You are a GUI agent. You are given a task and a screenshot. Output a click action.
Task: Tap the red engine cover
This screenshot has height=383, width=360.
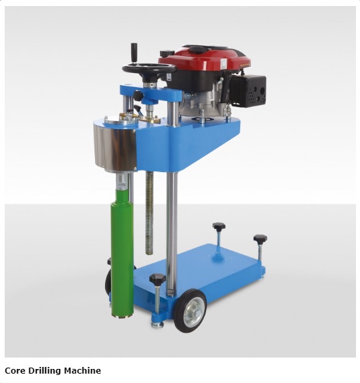pos(205,62)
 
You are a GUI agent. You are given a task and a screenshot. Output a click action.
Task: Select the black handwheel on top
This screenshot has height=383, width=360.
pos(149,69)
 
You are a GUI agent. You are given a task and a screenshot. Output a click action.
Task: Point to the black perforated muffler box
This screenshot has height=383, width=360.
pos(248,91)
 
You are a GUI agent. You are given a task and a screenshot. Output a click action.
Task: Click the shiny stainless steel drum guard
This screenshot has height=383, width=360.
pos(114,147)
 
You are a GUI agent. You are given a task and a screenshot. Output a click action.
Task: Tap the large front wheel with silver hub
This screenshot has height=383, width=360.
pos(190,311)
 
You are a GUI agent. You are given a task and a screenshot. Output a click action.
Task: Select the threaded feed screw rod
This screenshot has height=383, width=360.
pos(149,212)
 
